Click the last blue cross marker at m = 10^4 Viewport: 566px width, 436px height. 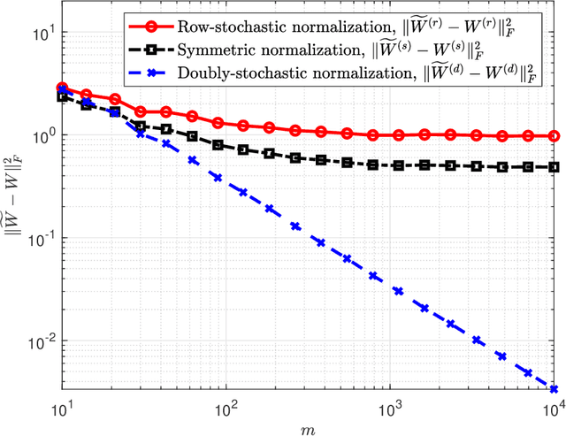point(555,389)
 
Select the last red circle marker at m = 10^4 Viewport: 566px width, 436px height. point(555,136)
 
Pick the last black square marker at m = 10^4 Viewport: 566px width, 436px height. point(555,167)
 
